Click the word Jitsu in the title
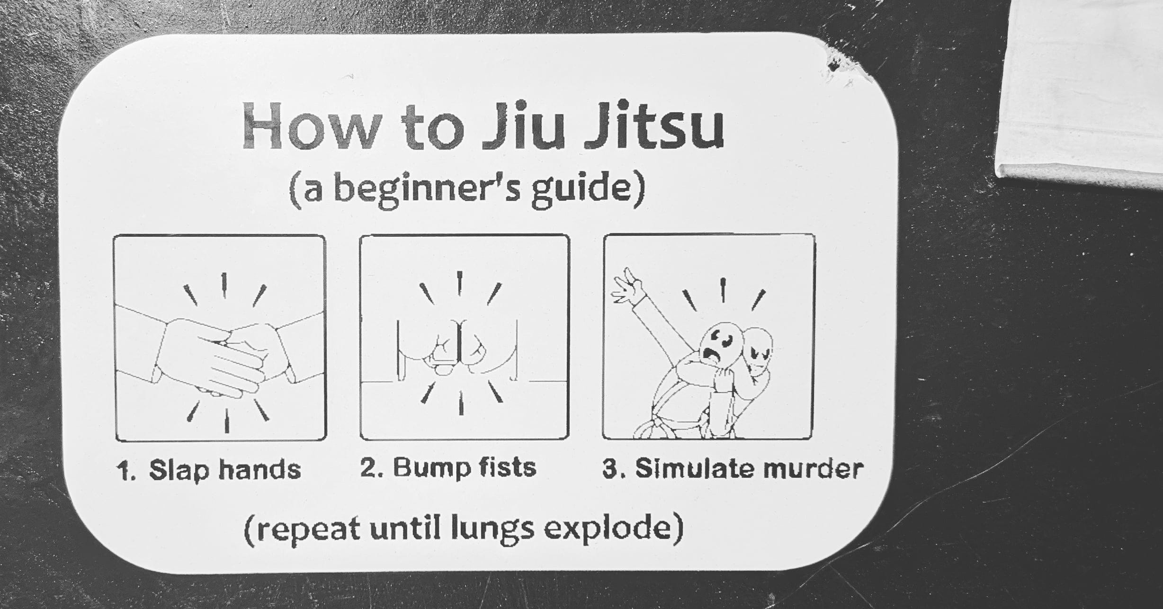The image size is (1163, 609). [x=653, y=124]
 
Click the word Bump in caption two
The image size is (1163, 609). [x=431, y=468]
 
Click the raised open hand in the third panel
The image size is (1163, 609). [x=628, y=287]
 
